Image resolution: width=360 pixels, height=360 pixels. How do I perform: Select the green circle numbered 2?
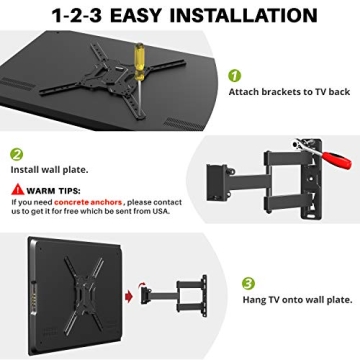pos(18,155)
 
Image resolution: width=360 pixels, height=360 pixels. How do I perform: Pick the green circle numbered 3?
pos(248,282)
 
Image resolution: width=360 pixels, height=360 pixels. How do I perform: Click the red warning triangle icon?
pos(18,189)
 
